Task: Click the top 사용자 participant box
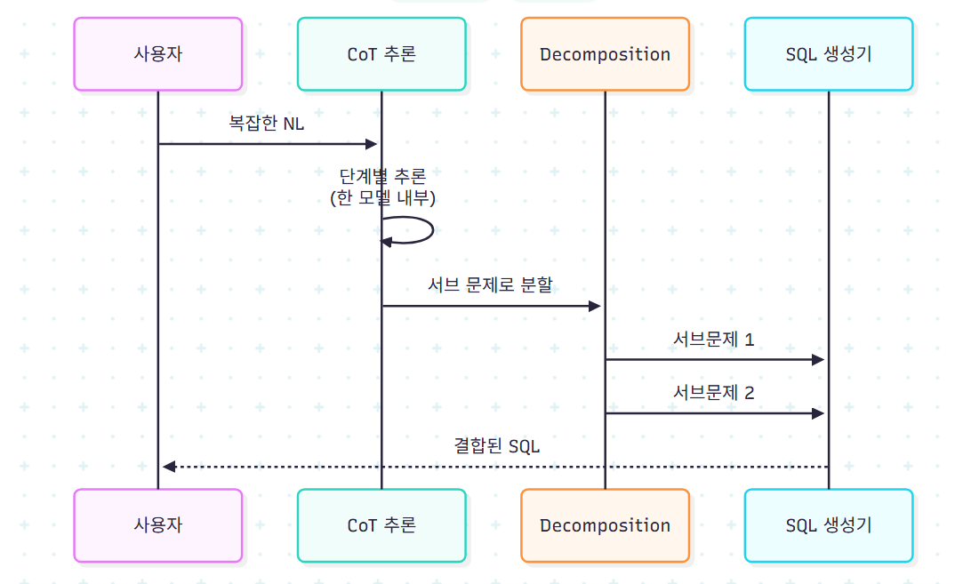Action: tap(158, 54)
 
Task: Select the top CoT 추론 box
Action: tap(381, 54)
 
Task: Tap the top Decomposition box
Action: tap(606, 54)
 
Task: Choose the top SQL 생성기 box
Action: tap(829, 54)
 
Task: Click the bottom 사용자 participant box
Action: tap(158, 525)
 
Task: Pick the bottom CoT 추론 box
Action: tap(381, 525)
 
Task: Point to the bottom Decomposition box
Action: tap(606, 525)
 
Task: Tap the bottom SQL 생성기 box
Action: tap(829, 525)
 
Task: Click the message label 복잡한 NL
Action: tap(266, 123)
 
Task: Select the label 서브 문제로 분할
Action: tap(490, 284)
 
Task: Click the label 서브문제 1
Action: tap(714, 339)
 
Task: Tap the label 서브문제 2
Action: tap(714, 392)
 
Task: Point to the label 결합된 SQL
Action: tap(497, 445)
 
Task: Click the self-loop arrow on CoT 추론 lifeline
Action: tap(432, 230)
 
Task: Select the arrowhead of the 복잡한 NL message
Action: tap(371, 144)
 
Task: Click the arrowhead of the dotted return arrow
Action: tap(169, 467)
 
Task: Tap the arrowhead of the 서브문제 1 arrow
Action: tap(818, 360)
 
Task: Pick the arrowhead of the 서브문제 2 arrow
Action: tap(818, 413)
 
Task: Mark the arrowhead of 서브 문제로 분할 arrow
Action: tap(595, 307)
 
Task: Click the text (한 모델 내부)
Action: tap(382, 198)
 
